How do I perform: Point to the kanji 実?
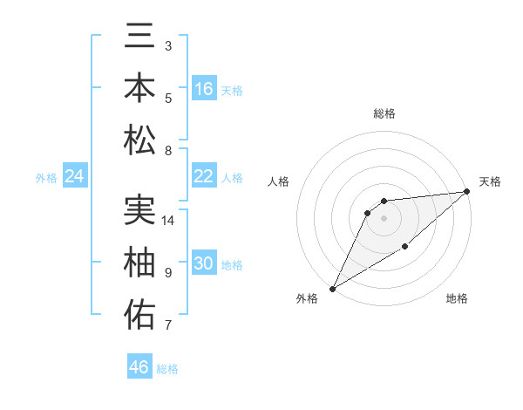pos(139,210)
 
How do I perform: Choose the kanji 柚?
pos(139,263)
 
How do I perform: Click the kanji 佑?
pos(139,314)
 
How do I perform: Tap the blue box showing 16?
pos(204,88)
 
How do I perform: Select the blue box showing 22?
pos(204,176)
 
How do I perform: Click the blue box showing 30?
pos(204,264)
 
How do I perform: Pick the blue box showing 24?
pos(74,177)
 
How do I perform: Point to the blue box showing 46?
pos(139,367)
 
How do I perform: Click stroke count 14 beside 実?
pos(168,221)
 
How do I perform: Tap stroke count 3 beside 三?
pos(168,45)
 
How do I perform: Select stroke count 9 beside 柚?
pos(168,273)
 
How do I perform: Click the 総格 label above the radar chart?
pos(384,113)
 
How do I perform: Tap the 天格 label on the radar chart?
pos(490,181)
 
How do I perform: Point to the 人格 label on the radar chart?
pos(279,181)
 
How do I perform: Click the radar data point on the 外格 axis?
pos(332,288)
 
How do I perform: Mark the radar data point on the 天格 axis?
pos(467,192)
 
